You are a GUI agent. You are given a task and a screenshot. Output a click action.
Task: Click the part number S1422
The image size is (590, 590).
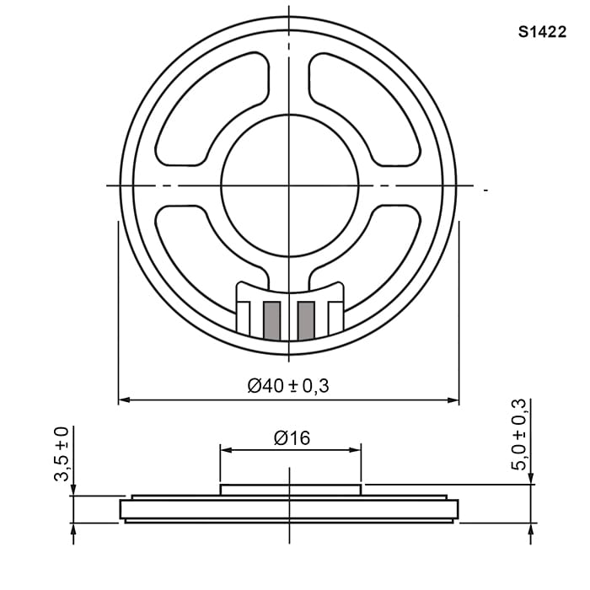542,32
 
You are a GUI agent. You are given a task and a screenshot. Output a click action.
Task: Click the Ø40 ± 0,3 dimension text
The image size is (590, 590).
288,386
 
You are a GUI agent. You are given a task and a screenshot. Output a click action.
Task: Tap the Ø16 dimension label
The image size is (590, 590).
292,438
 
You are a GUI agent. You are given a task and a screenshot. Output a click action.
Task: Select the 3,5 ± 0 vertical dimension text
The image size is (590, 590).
62,454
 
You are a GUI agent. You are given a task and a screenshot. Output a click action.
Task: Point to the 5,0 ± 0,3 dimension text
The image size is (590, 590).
518,434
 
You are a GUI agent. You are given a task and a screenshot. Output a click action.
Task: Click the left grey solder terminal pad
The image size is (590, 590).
271,320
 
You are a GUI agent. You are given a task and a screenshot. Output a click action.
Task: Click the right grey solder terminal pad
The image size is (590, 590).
306,320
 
